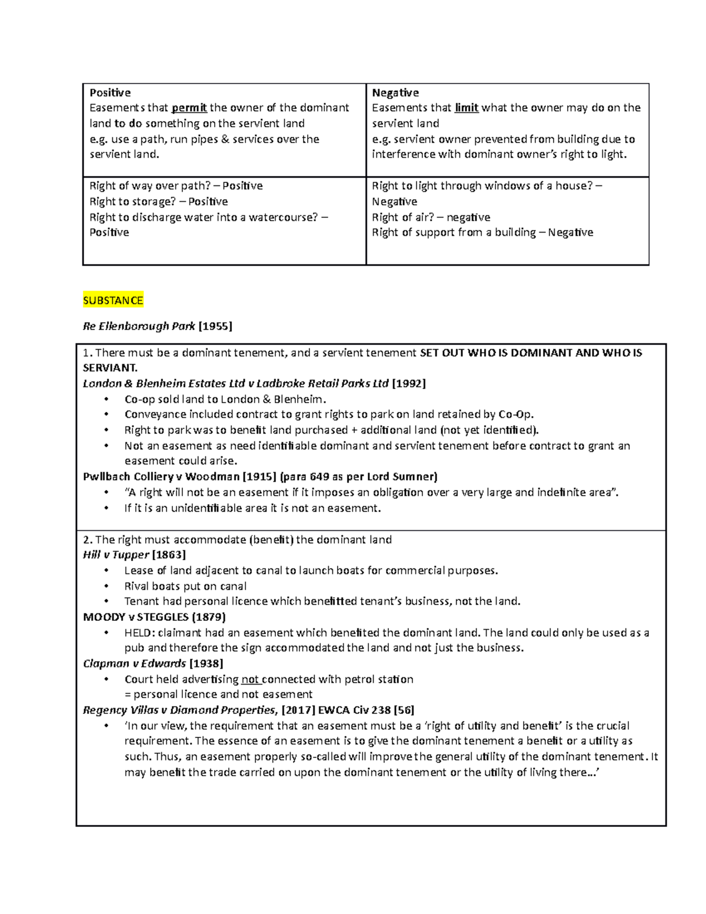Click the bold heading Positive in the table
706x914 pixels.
pos(110,92)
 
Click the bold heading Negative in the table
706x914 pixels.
pos(395,92)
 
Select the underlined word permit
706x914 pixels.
pos(189,108)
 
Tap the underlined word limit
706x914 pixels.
pos(467,108)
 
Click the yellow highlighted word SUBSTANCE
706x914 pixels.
pos(113,301)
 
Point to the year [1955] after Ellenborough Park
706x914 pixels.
pos(215,326)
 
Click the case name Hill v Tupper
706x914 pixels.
pos(116,555)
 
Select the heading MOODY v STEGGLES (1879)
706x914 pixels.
pos(154,617)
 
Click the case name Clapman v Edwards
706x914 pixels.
pos(134,663)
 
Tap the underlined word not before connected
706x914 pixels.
pos(251,679)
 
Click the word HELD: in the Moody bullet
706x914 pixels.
pos(139,633)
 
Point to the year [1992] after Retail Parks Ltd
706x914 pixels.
pos(409,384)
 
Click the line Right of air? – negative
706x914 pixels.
pos(431,217)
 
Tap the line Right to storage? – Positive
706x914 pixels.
pos(158,201)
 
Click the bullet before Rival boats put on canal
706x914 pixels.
pos(106,586)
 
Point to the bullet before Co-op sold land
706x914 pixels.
pos(106,400)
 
